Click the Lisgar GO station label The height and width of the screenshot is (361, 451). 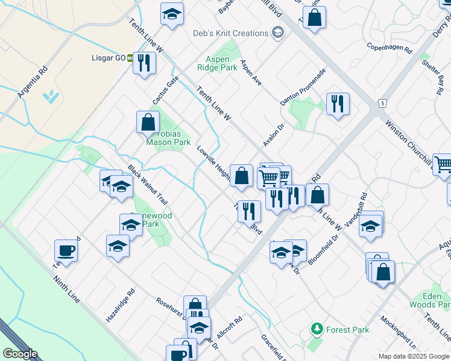click(112, 58)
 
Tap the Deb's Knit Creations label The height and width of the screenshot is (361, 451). click(230, 33)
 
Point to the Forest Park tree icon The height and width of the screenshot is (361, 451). click(317, 329)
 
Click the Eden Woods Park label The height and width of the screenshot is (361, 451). click(430, 301)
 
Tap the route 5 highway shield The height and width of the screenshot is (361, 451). click(382, 104)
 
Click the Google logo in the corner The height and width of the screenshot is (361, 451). click(20, 354)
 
